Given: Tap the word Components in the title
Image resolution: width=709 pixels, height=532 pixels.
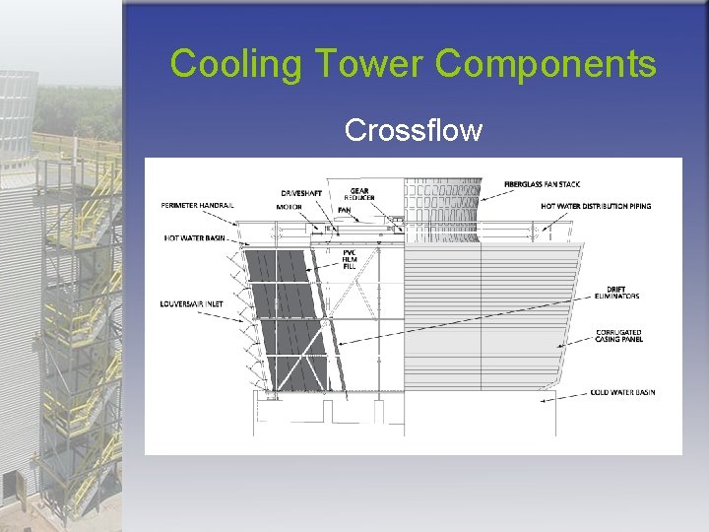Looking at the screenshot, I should pos(545,64).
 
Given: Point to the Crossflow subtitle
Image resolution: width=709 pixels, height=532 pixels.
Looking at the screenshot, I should pos(414,130).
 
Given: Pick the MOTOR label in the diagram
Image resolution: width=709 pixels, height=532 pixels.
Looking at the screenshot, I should pos(289,207).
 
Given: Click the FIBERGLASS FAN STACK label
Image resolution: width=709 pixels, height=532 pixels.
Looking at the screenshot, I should pos(543,184).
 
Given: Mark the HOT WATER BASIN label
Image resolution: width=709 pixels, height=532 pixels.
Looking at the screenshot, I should pos(195,238).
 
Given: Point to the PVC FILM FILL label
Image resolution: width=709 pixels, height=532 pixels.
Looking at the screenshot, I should pos(348,261).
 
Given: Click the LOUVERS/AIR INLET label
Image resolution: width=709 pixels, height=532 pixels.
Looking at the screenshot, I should pos(192,304).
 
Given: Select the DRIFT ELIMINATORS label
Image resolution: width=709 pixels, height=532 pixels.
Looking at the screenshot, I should pos(616,293).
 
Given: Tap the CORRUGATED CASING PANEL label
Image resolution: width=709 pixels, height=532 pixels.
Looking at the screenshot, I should pos(618,336).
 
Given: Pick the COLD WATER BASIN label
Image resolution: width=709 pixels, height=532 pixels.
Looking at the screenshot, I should pos(622,392).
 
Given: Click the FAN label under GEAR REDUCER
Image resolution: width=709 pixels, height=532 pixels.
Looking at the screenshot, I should pos(344,210).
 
